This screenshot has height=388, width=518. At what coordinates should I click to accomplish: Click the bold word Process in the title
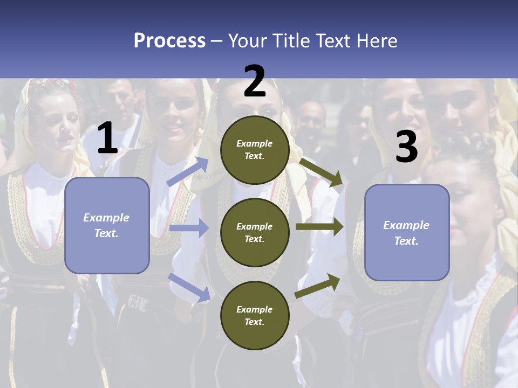click(169, 40)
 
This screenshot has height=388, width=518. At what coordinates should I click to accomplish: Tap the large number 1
click(107, 138)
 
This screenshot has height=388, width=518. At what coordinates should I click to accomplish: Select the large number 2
click(255, 81)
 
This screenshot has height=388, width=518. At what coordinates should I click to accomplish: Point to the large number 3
click(406, 147)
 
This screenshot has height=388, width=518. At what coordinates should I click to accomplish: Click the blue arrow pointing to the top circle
click(188, 171)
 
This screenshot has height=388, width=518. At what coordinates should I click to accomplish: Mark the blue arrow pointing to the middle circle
click(189, 228)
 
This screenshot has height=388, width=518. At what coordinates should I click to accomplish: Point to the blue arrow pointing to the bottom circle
click(189, 287)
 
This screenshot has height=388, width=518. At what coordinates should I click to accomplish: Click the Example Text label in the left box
click(106, 225)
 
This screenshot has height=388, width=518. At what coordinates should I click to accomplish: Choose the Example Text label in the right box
click(406, 233)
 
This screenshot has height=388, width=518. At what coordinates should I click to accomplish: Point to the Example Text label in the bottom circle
click(255, 315)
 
